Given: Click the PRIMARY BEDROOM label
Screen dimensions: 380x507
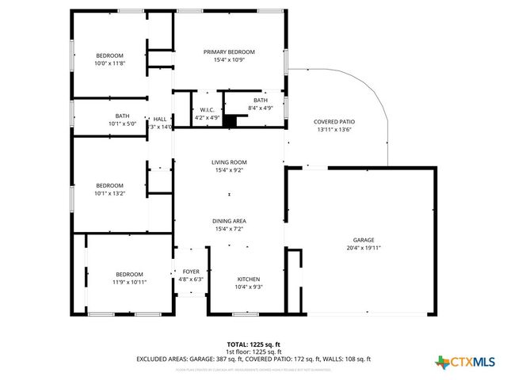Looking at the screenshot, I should tap(229, 51).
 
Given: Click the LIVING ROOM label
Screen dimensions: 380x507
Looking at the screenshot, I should tap(229, 162).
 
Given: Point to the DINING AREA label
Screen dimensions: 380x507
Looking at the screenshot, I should tap(229, 221).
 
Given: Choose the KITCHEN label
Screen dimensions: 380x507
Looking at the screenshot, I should tap(249, 279).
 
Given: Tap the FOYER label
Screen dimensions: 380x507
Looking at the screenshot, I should tap(192, 271).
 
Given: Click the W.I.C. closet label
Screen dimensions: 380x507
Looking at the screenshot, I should tap(206, 110).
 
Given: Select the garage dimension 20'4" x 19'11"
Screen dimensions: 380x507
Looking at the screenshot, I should tap(364, 248).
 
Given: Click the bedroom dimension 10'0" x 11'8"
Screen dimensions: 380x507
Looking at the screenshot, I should tap(110, 63).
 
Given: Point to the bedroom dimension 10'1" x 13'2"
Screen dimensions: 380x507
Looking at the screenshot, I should tap(110, 192).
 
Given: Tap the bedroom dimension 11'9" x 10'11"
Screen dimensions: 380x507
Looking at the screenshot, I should tap(129, 281).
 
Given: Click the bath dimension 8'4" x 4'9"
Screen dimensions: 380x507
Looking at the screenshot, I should tap(261, 108).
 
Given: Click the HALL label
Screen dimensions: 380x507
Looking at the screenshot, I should tap(159, 118).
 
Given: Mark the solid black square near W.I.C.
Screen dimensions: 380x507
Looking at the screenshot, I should tap(230, 121).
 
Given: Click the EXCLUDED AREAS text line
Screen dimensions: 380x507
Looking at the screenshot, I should tap(253, 359).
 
